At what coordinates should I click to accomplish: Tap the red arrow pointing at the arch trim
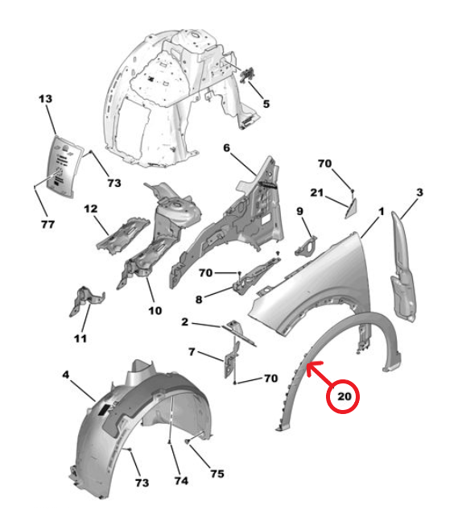(321, 375)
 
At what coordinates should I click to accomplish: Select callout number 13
(46, 99)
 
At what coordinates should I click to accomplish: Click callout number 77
(48, 224)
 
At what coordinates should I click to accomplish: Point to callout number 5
(266, 104)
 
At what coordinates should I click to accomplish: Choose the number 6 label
(227, 148)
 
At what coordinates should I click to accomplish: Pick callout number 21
(317, 193)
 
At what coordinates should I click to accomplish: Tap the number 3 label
(420, 193)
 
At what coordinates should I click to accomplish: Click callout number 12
(90, 209)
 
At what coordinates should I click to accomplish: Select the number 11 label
(80, 338)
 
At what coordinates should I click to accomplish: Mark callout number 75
(217, 474)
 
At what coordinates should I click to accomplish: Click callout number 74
(181, 481)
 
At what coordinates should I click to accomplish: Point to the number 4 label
(66, 375)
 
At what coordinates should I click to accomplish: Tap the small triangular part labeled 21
(352, 208)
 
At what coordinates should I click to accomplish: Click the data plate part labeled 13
(64, 165)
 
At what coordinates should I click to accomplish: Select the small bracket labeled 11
(86, 300)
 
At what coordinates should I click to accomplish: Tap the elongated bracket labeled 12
(122, 235)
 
